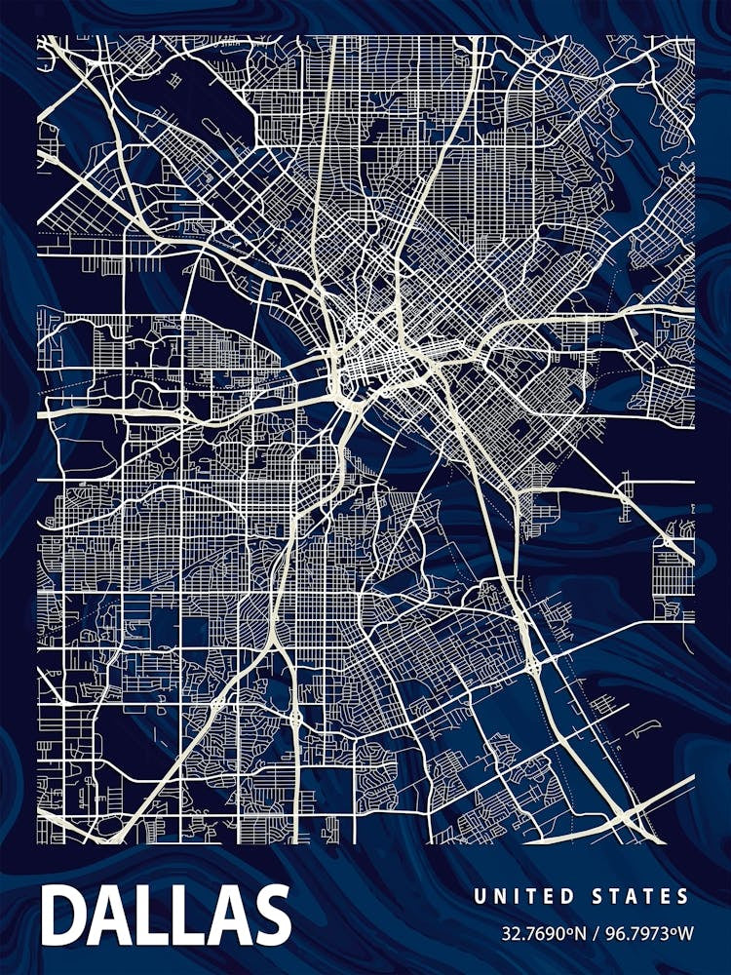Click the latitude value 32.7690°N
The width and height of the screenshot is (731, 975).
543,933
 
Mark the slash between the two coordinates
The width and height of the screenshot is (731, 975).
596,933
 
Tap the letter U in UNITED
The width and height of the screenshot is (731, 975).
479,896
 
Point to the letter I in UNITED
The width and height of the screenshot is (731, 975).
511,896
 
